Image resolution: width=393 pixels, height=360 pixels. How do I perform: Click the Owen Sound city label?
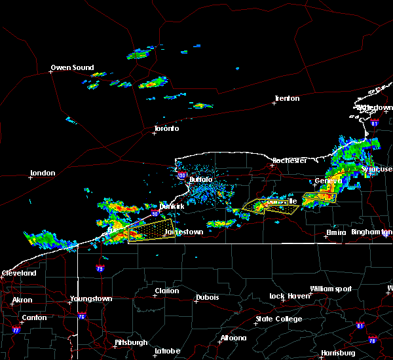(x=73, y=67)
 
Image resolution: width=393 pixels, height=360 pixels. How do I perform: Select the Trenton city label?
(x=286, y=98)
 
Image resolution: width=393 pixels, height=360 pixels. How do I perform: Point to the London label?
(x=42, y=173)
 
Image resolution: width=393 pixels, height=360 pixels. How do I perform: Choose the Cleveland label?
(x=18, y=272)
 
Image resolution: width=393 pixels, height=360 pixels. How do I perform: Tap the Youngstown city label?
(x=90, y=298)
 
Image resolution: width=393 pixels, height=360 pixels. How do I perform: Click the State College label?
(x=278, y=319)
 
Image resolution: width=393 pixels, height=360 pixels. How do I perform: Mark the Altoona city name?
(x=233, y=338)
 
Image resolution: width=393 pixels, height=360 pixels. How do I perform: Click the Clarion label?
(x=166, y=291)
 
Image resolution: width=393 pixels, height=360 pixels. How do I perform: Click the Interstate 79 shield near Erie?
(x=100, y=268)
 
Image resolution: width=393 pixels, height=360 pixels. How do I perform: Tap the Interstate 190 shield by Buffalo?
(x=182, y=175)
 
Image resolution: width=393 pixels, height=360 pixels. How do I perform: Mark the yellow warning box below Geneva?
(x=319, y=196)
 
